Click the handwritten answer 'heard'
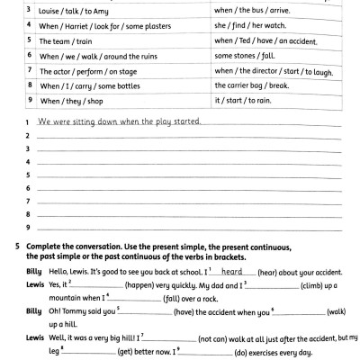click(232, 270)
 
